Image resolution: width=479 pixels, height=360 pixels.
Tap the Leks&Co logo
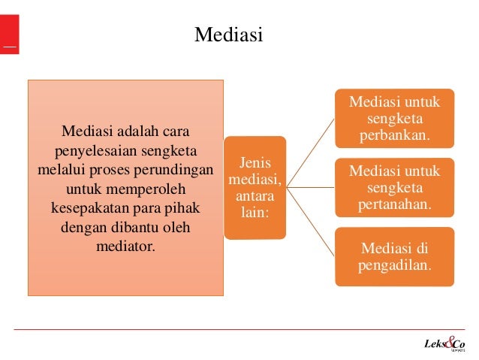click(442, 345)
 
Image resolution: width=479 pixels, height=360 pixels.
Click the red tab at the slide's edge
click(9, 34)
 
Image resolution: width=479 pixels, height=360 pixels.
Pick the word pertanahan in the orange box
click(394, 204)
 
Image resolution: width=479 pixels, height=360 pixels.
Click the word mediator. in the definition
click(126, 244)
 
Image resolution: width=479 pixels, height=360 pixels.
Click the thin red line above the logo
click(240, 330)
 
